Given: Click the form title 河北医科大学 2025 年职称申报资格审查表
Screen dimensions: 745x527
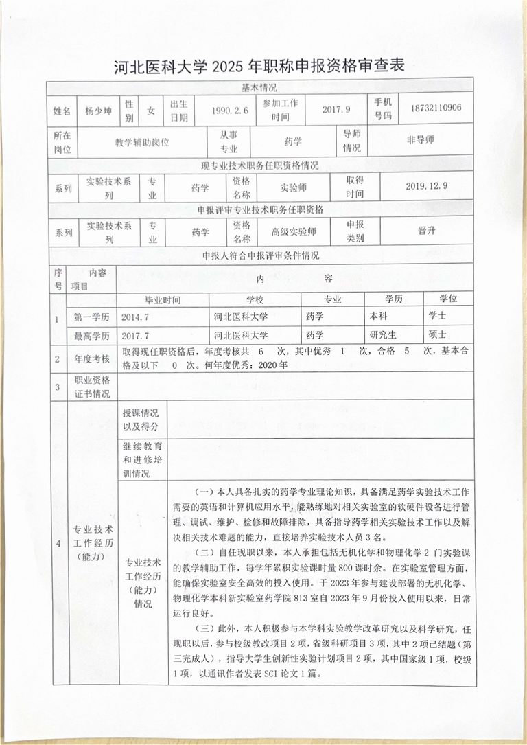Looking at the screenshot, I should pyautogui.click(x=259, y=67).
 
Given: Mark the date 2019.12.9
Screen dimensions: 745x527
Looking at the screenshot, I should pyautogui.click(x=426, y=185).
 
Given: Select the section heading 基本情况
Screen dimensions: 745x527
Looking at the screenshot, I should pyautogui.click(x=259, y=88).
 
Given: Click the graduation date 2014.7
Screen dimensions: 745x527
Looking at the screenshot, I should pyautogui.click(x=134, y=318).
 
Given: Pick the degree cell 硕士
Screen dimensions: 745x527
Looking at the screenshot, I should pyautogui.click(x=437, y=336).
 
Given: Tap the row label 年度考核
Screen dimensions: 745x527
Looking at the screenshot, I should pyautogui.click(x=92, y=358).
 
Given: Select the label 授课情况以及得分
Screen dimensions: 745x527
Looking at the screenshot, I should pyautogui.click(x=141, y=420).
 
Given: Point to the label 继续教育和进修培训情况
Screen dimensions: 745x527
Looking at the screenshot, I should pyautogui.click(x=141, y=459).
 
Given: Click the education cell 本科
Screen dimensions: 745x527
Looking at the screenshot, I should pyautogui.click(x=379, y=318).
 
